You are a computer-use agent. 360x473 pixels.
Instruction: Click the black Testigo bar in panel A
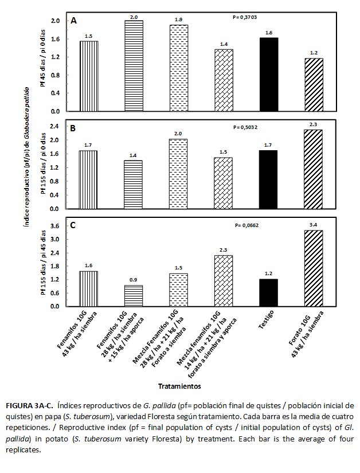point(269,74)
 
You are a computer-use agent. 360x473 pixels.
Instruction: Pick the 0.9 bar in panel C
point(134,296)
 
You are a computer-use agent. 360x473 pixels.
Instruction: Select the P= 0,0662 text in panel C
point(247,225)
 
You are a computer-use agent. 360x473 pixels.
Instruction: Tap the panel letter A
point(74,21)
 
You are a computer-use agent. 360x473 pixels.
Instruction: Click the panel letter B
point(73,128)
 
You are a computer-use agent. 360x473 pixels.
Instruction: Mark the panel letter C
point(73,225)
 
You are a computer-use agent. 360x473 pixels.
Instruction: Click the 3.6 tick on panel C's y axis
point(56,226)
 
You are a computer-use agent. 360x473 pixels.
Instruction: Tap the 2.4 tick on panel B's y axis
point(56,126)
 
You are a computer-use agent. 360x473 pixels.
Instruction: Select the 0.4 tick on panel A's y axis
point(56,93)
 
